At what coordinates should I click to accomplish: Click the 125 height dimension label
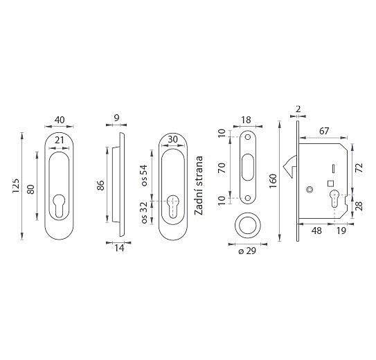pyautogui.click(x=16, y=186)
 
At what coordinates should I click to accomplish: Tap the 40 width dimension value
pyautogui.click(x=60, y=120)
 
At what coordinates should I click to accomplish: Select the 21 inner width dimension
pyautogui.click(x=60, y=140)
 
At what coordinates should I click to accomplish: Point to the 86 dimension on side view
pyautogui.click(x=100, y=186)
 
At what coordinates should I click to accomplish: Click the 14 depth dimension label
pyautogui.click(x=119, y=249)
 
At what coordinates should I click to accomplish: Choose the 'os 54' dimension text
pyautogui.click(x=144, y=175)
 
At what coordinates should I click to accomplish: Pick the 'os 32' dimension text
pyautogui.click(x=144, y=213)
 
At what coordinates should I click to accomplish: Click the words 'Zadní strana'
pyautogui.click(x=199, y=186)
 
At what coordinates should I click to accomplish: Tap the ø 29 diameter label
pyautogui.click(x=247, y=251)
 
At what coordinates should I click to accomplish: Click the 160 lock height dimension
pyautogui.click(x=273, y=181)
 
